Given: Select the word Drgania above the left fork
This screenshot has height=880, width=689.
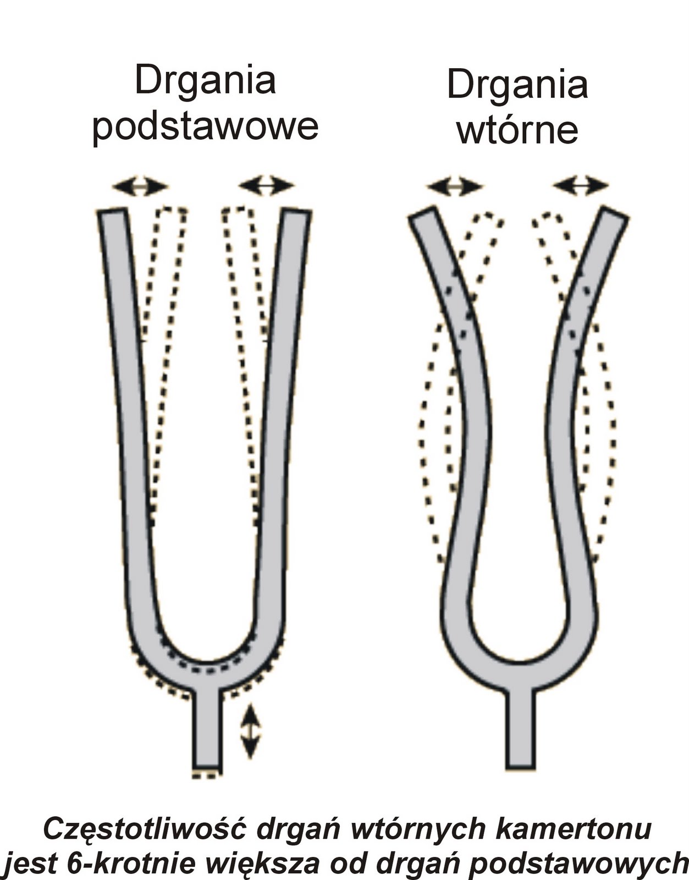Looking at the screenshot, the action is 205,80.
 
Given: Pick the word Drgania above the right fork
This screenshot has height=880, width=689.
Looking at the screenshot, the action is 517,85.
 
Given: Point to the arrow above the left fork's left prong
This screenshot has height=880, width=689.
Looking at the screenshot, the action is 140,186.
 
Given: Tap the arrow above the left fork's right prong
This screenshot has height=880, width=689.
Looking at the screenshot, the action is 267,186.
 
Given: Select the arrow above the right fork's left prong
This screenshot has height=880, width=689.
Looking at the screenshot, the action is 455,186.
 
